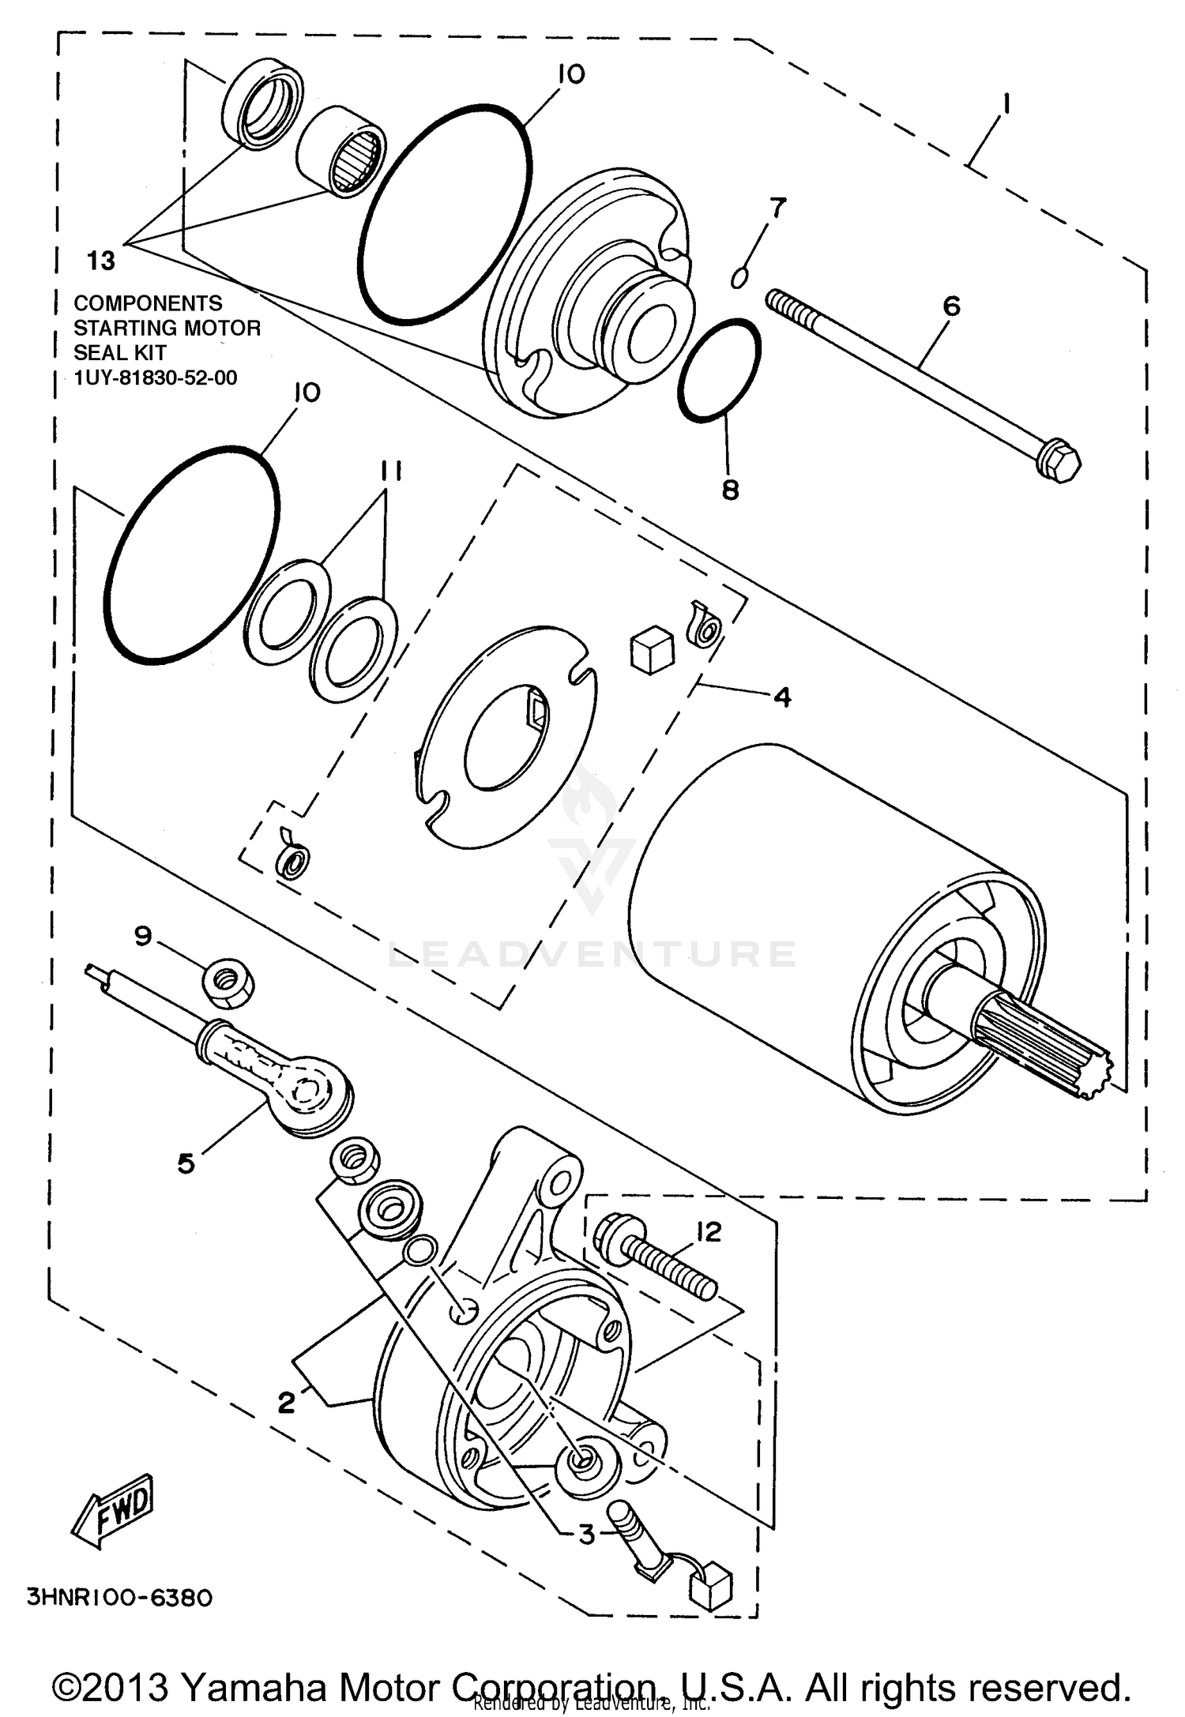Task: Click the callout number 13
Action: (101, 260)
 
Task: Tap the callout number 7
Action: (778, 208)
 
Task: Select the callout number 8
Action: (731, 490)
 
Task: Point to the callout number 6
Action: (952, 306)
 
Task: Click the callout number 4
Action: (781, 697)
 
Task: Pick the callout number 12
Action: (709, 1231)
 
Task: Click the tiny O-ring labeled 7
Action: (739, 278)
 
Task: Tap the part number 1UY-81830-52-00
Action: (155, 378)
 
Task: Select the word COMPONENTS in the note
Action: (148, 303)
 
